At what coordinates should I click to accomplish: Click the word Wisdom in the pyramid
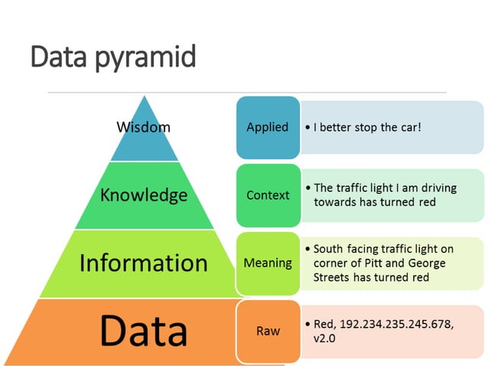coord(143,126)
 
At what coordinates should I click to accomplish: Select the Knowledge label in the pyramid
coord(144,194)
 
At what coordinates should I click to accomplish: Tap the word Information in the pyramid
coord(144,263)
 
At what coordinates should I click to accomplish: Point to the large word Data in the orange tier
coord(144,330)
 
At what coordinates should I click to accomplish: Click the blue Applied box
coord(267,127)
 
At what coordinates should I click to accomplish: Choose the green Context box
coord(268,195)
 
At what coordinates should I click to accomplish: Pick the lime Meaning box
coord(268,263)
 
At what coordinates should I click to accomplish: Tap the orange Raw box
coord(268,331)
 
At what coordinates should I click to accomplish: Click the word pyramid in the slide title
coord(146,57)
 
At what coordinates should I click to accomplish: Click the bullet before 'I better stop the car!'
coord(307,127)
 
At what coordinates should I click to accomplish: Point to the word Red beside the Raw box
coord(325,324)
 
